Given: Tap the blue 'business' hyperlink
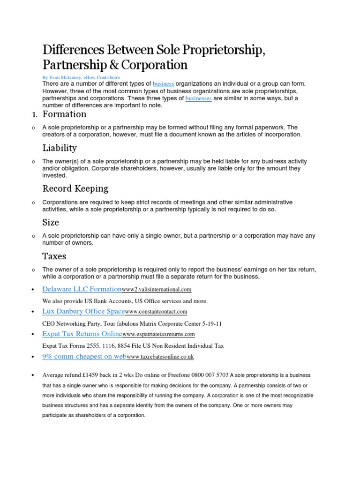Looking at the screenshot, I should point(163,84).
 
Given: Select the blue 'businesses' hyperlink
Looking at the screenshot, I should point(198,99).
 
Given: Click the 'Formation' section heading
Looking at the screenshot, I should point(64,114).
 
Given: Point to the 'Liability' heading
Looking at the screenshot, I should point(60,148).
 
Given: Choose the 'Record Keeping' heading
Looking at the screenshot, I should point(75,188).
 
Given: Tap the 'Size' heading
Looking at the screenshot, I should point(51,222).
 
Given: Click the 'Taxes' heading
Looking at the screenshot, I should point(54,256).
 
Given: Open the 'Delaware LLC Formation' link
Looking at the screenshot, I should point(82,290).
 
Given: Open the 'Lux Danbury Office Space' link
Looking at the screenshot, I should point(83,311).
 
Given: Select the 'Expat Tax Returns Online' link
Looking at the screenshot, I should point(82,334).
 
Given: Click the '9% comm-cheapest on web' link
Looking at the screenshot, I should point(84,357).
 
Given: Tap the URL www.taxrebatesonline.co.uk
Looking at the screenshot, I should point(160,357).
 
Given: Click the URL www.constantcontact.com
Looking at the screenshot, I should point(156,312).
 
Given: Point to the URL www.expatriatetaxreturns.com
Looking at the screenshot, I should point(158,334).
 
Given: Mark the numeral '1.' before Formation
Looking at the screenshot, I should point(34,115).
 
